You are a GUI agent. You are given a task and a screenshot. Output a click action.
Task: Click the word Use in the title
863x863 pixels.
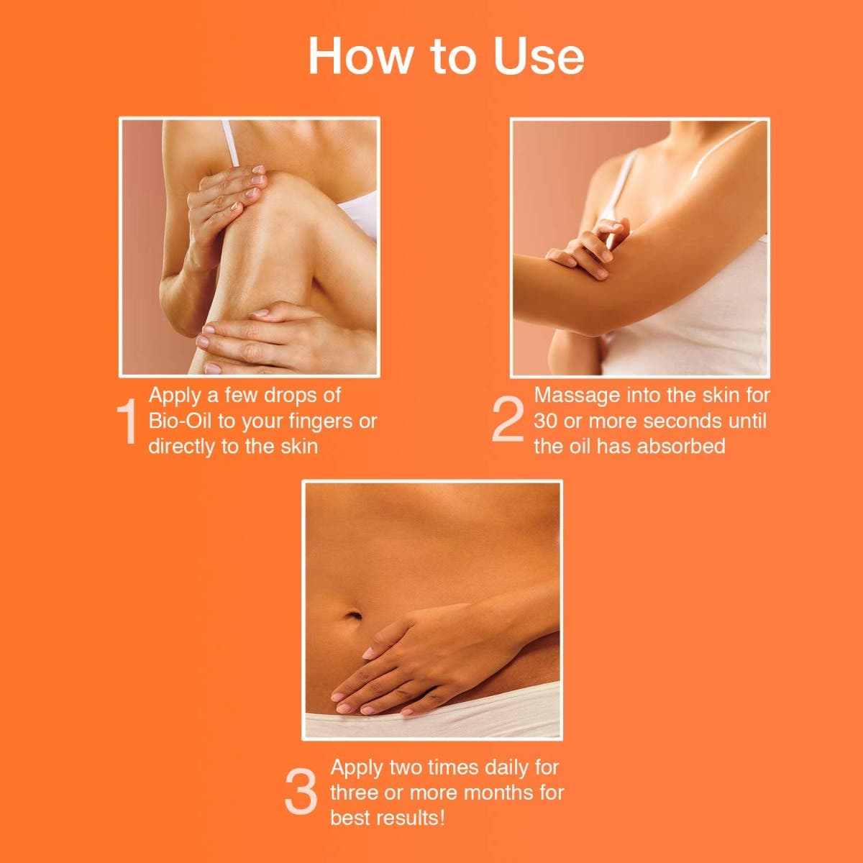[x=539, y=56]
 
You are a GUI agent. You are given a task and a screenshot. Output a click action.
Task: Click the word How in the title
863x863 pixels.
[x=360, y=56]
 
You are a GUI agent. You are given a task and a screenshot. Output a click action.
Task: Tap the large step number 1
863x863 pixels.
[x=127, y=421]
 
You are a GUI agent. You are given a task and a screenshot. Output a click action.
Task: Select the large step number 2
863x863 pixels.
[x=508, y=419]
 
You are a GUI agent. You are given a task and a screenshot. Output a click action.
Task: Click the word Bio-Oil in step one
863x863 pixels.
[x=180, y=421]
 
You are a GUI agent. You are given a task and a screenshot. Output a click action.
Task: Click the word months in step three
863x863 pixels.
[x=493, y=793]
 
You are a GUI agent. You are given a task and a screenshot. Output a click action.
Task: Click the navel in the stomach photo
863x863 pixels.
[x=353, y=614]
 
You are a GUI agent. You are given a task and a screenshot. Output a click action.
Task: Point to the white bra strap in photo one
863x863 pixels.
[x=230, y=143]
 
